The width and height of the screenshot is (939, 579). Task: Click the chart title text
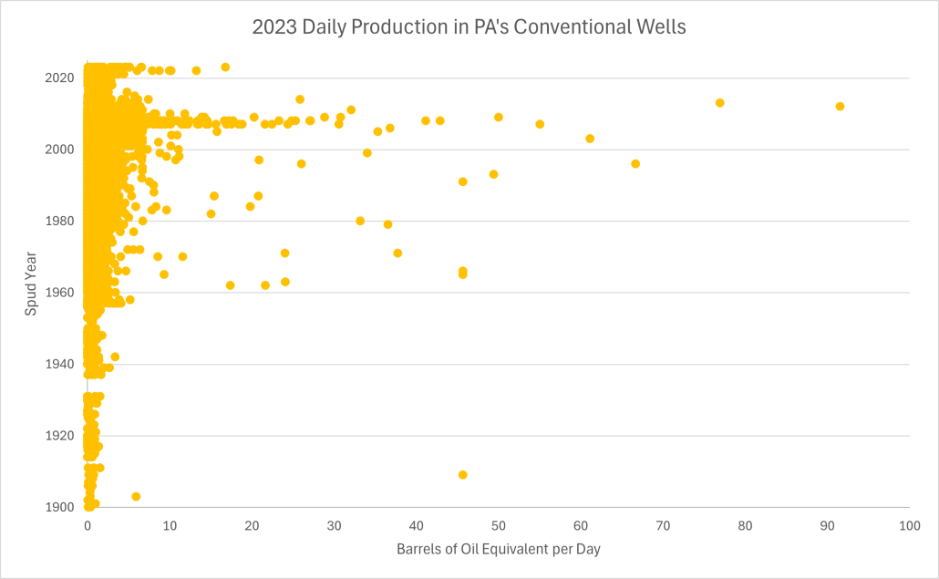tap(469, 27)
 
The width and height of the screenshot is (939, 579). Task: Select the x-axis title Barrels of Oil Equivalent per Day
tap(498, 549)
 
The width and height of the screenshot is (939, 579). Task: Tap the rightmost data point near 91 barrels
tap(840, 107)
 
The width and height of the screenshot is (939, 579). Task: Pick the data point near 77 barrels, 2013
tap(719, 103)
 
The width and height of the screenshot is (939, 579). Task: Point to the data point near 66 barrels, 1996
tap(635, 164)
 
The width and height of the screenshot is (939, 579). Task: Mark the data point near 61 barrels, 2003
tap(590, 139)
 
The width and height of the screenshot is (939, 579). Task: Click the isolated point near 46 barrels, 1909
tap(463, 475)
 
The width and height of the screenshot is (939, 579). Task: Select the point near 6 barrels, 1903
tap(136, 496)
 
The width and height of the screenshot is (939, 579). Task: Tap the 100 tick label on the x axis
tap(909, 526)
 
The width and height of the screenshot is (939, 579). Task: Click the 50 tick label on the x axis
tap(498, 526)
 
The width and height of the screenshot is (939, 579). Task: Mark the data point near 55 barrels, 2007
tap(540, 124)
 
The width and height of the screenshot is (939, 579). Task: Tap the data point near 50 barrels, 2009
tap(499, 117)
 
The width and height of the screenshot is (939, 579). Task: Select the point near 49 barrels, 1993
tap(493, 174)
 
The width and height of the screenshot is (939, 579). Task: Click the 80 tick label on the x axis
tap(745, 526)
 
